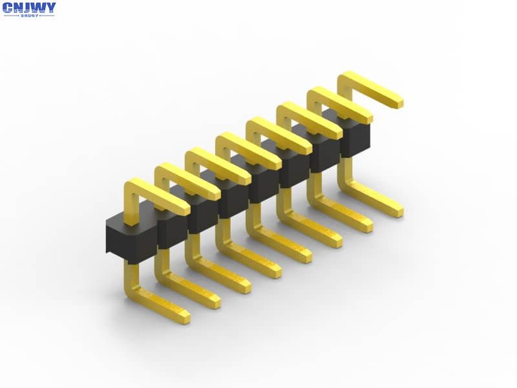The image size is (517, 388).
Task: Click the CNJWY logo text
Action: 29,8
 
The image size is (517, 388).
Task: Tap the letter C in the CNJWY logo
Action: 8,8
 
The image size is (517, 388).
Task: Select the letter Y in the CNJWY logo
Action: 50,8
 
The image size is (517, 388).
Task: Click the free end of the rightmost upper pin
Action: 396,102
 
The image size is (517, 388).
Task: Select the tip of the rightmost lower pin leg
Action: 396,211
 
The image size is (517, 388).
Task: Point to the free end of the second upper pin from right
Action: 366,118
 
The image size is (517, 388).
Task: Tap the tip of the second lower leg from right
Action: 366,226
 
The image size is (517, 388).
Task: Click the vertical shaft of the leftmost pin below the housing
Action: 131,278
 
